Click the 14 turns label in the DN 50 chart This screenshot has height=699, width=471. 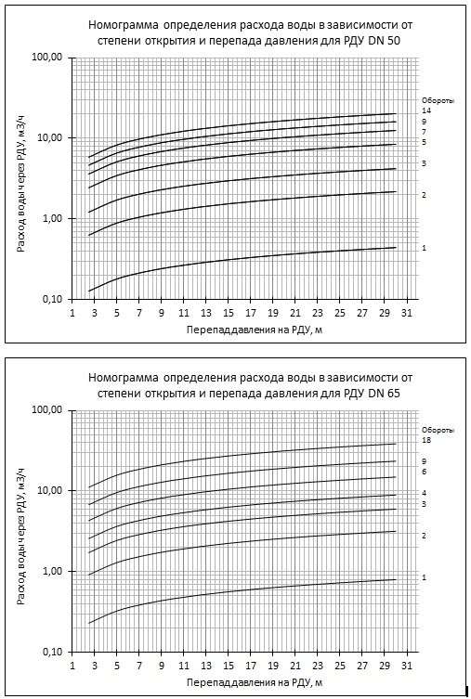pos(425,110)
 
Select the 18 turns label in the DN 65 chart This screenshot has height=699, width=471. pos(426,440)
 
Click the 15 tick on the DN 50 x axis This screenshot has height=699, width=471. pos(229,314)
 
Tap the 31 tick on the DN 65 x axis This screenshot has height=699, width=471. pos(407,666)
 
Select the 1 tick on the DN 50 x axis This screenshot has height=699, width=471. pos(72,314)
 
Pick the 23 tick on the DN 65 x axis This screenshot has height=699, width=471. pos(318,666)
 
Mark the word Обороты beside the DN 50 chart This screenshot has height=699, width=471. pos(438,101)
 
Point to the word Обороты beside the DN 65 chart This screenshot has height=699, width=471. pos(438,430)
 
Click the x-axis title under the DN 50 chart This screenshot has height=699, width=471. pos(255,330)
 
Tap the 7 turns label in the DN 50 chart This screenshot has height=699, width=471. pos(425,132)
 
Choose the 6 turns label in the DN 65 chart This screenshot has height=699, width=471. pos(425,472)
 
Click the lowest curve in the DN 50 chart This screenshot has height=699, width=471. pos(242,258)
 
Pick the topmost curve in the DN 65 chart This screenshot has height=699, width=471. pos(242,455)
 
